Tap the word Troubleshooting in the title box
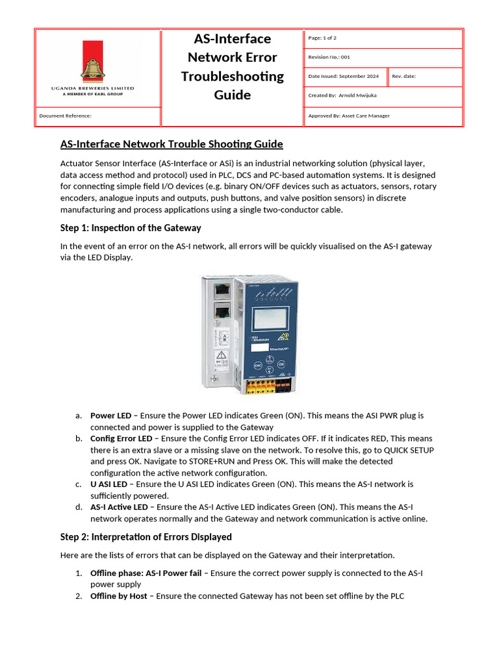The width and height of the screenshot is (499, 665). (x=232, y=76)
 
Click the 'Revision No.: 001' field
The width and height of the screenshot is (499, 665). (x=329, y=57)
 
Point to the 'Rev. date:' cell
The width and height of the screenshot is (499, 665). (x=403, y=76)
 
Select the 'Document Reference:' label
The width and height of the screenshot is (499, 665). (x=65, y=116)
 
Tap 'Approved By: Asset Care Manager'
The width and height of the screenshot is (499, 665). (x=349, y=116)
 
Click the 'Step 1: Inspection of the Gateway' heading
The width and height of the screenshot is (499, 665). (x=131, y=228)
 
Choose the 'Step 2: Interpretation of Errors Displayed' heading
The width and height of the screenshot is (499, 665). (x=146, y=537)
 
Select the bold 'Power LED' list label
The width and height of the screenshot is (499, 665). (x=110, y=415)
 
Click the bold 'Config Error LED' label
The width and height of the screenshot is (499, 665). (x=121, y=438)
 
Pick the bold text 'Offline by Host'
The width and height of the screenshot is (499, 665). (x=119, y=596)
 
